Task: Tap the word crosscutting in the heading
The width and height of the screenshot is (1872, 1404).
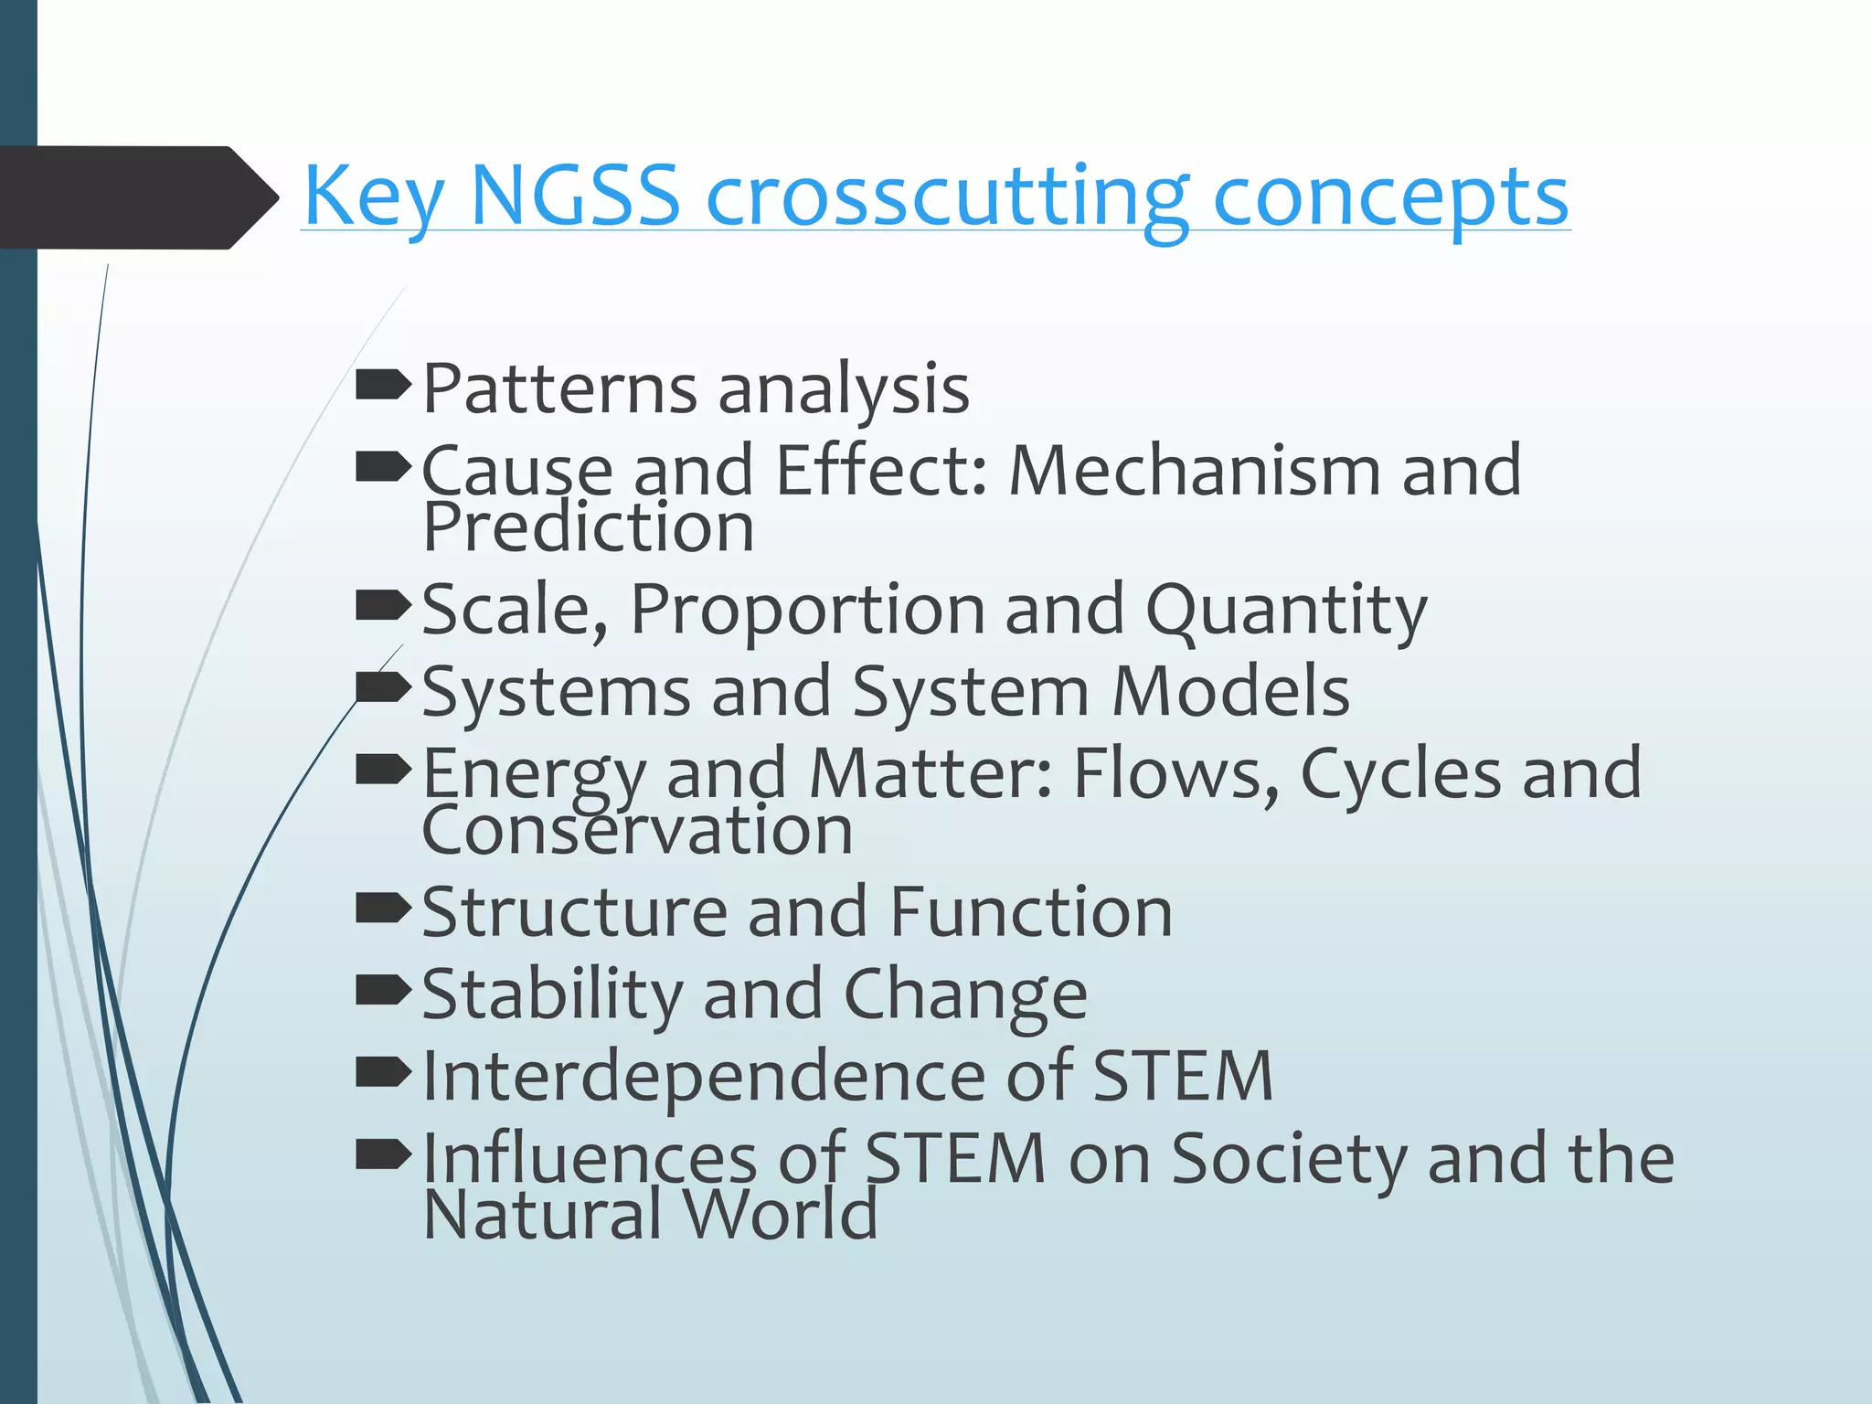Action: click(x=947, y=197)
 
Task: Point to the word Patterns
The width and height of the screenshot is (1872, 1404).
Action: click(x=559, y=388)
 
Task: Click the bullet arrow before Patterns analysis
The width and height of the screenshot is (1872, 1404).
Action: click(x=382, y=386)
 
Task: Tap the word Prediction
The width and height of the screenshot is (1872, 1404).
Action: click(x=588, y=527)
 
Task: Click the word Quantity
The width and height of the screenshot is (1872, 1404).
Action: click(x=1285, y=611)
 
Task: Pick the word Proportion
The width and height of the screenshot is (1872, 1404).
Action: click(x=807, y=609)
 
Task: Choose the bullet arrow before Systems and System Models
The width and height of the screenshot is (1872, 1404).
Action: click(x=382, y=687)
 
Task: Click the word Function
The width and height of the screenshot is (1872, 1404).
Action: click(x=1030, y=912)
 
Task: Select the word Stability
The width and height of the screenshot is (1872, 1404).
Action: click(x=552, y=994)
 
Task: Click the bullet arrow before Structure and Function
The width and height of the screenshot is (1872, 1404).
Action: click(x=382, y=909)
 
